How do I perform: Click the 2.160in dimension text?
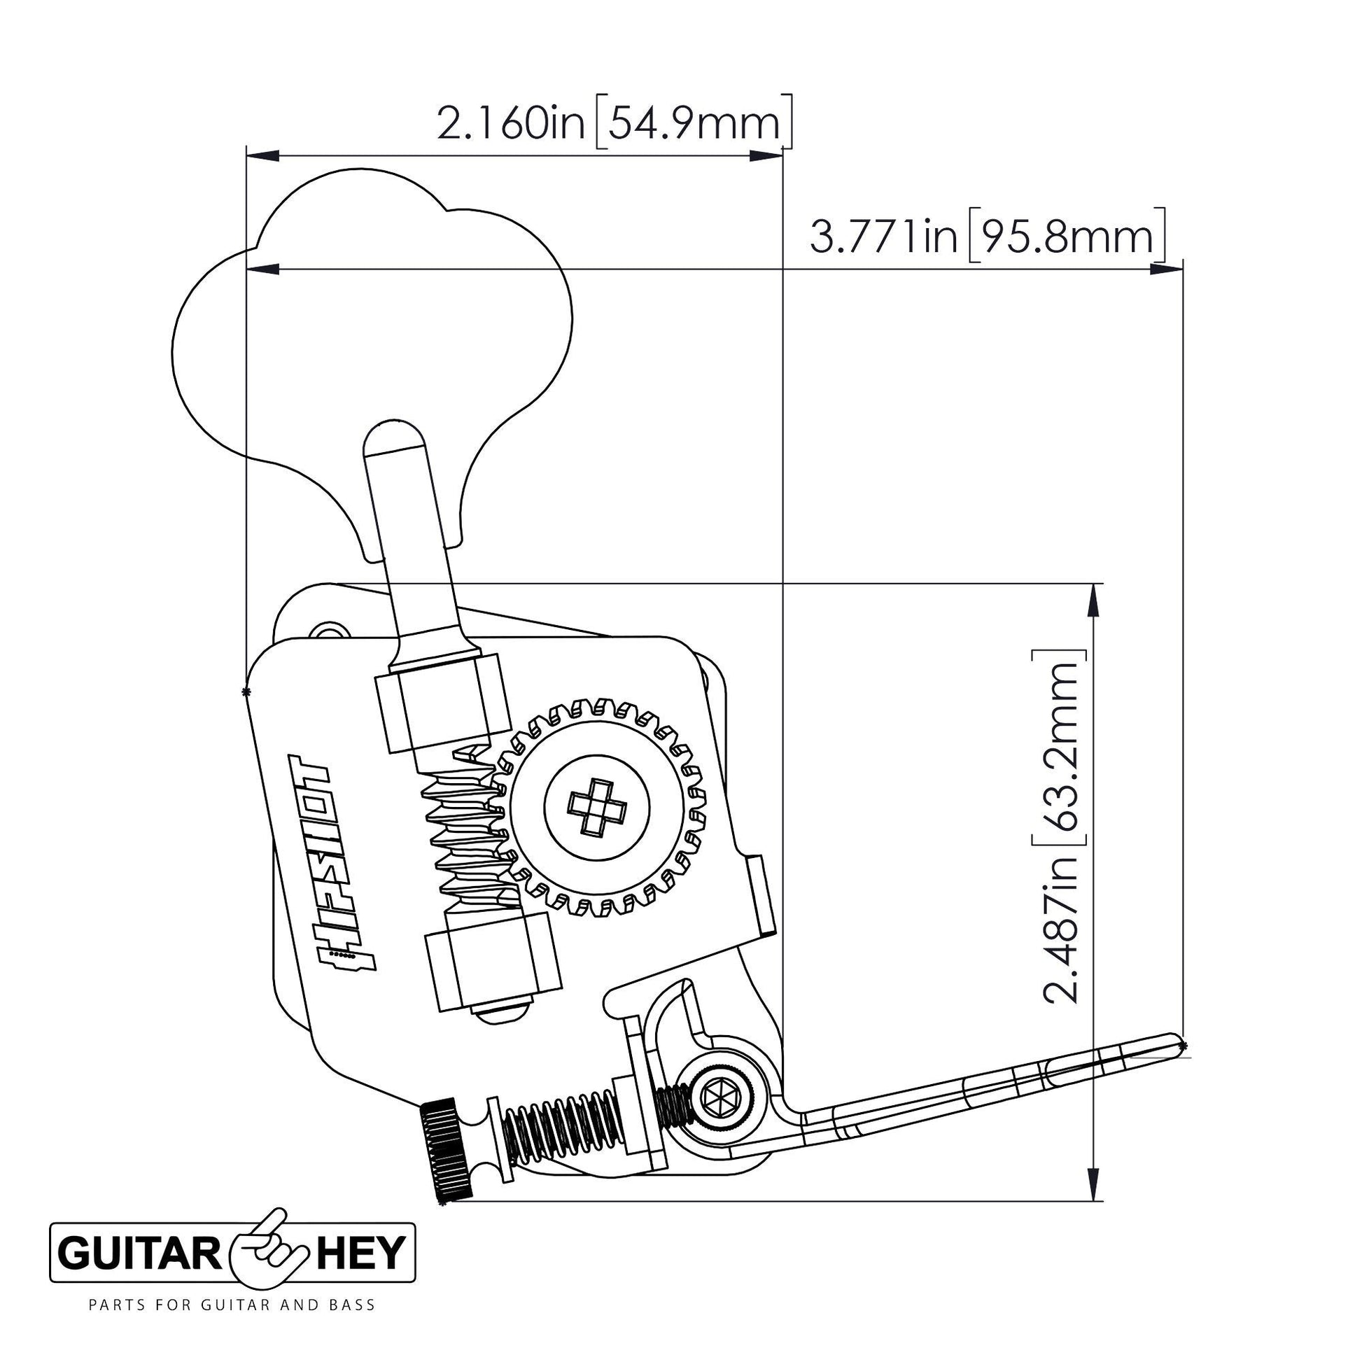pyautogui.click(x=512, y=124)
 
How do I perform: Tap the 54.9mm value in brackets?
pyautogui.click(x=694, y=124)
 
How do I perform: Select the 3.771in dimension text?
pyautogui.click(x=884, y=237)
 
